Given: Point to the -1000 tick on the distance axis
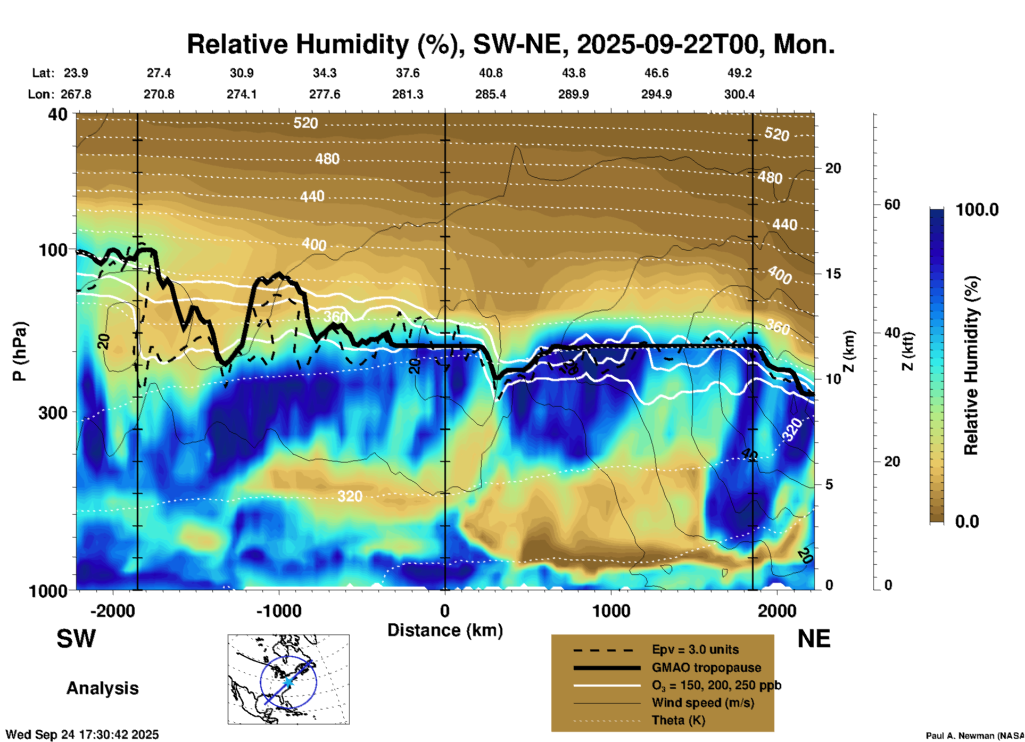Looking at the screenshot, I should point(278,611).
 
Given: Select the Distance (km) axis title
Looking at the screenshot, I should point(445,630).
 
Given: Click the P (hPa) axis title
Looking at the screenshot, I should point(20,351).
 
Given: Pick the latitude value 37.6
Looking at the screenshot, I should point(408,73).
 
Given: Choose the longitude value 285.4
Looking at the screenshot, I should point(490,94).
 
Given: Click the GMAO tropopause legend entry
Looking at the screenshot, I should point(706,667).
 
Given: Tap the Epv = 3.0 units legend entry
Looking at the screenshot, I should point(695,649).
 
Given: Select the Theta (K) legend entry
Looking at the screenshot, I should point(678,720).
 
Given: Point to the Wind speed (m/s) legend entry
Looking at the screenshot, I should point(702,703).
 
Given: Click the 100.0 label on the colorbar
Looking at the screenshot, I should point(977,210).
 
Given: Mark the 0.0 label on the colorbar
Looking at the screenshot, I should point(967,521).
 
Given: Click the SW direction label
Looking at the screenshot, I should point(76,639).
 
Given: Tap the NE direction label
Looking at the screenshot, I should point(814,639).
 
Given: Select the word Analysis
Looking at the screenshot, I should point(102,688).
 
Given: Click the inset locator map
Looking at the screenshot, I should point(288,679).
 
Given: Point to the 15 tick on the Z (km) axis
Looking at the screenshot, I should point(833,274).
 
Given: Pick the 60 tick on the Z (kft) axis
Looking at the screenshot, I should point(892,204).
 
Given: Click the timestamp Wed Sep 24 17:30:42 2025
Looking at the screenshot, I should point(82,735).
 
